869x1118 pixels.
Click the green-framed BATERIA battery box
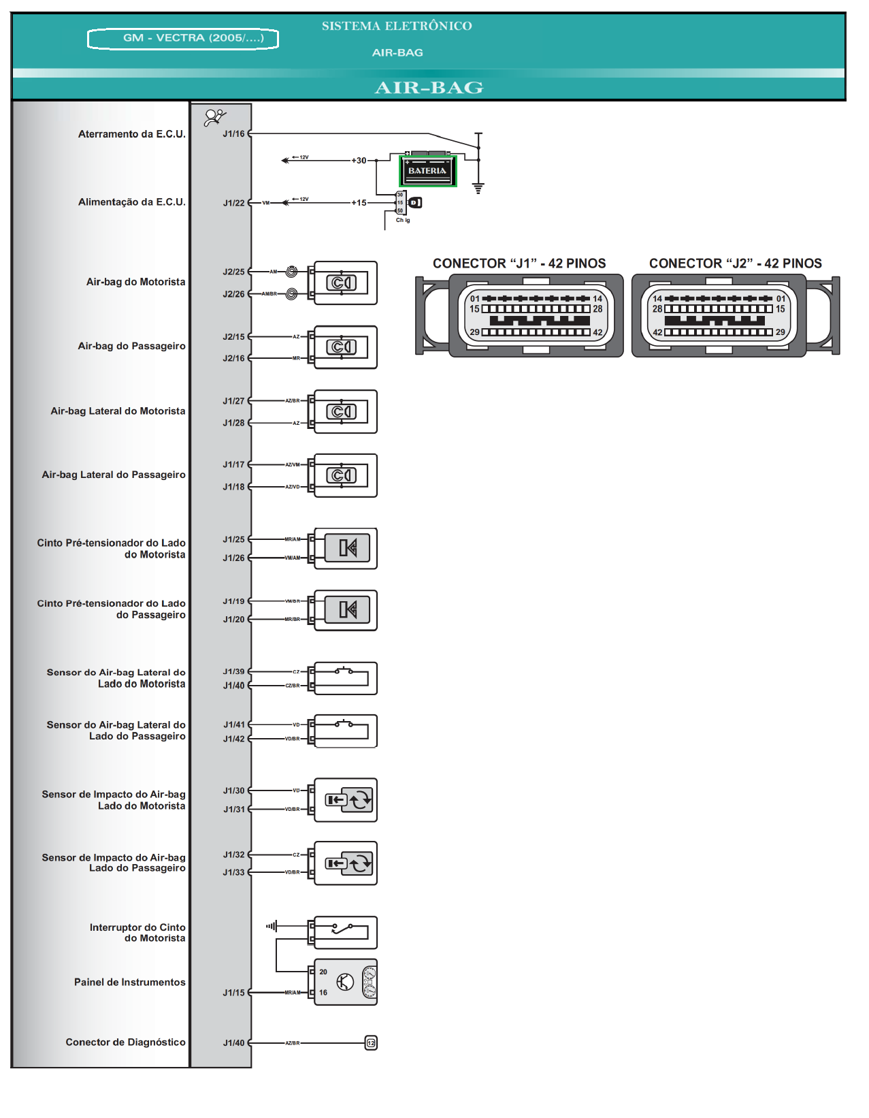[427, 170]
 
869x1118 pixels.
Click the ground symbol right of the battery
[478, 189]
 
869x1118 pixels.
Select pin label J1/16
[233, 134]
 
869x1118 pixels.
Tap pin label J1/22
[233, 203]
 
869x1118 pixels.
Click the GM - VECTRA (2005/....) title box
[183, 38]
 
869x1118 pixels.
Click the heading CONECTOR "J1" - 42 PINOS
[519, 263]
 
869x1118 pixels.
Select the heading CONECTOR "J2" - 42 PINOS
[735, 263]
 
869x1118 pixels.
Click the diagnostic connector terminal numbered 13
[371, 1043]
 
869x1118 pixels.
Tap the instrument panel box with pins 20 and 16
[345, 983]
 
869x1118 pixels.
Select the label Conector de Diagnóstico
[125, 1042]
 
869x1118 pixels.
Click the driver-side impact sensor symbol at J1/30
[345, 800]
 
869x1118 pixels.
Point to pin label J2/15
[233, 337]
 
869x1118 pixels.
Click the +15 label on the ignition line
[359, 203]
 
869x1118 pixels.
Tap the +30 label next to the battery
[359, 161]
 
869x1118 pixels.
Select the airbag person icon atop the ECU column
[215, 117]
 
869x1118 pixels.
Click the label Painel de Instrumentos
[129, 982]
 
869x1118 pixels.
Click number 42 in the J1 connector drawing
[597, 332]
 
